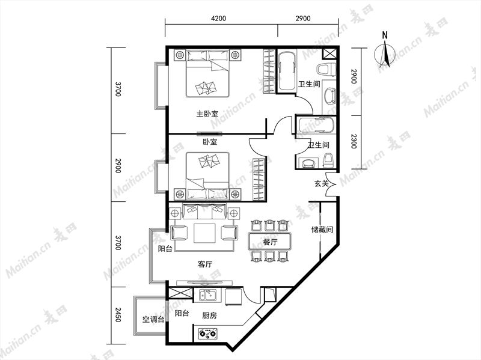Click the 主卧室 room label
click(207, 114)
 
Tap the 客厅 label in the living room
click(205, 264)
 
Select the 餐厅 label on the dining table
click(270, 242)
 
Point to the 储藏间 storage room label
click(322, 230)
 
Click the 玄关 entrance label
click(321, 184)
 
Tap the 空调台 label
click(153, 320)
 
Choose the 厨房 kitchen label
click(209, 316)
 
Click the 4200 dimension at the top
click(218, 19)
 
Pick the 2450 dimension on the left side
click(117, 314)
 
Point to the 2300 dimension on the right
click(354, 141)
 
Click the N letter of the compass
click(385, 35)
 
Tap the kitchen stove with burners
click(207, 333)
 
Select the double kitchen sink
click(208, 295)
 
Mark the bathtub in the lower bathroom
click(316, 126)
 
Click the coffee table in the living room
click(204, 233)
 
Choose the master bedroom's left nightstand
click(179, 55)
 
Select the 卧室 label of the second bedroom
click(210, 142)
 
